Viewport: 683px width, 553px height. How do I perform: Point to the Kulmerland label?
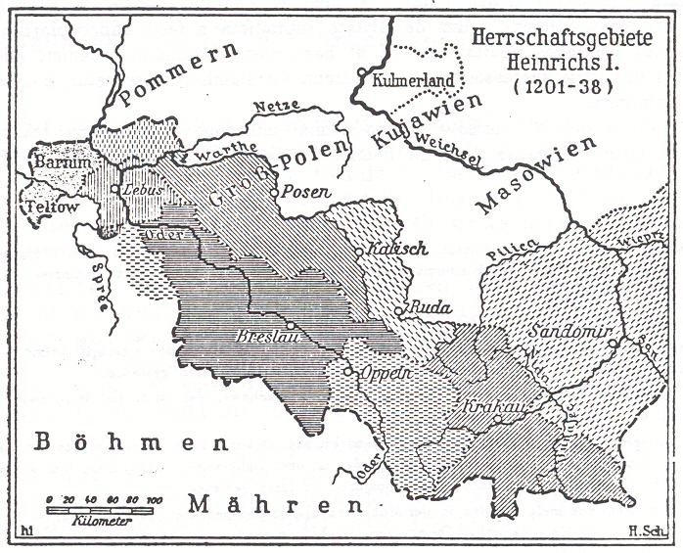click(x=405, y=78)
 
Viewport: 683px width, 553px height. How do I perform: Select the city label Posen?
click(x=301, y=194)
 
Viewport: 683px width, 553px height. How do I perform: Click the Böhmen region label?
click(x=101, y=441)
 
